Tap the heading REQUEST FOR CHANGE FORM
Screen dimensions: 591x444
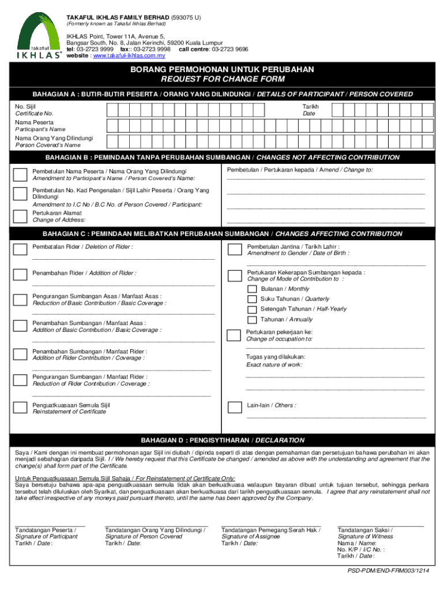pos(222,79)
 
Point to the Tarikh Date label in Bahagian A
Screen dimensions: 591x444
pos(310,110)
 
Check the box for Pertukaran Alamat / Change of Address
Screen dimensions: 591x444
pos(20,216)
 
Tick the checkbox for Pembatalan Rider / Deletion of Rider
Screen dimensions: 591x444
pos(20,249)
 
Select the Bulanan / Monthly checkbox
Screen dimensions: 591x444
pos(252,289)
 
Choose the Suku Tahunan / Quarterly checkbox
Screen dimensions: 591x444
pos(252,299)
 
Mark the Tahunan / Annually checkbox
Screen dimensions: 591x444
pos(252,320)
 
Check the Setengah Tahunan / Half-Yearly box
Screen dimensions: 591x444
pos(252,309)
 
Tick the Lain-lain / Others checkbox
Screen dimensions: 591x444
pos(234,407)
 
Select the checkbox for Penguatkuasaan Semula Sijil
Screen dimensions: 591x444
pos(20,408)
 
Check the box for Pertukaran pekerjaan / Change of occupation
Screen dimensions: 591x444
pos(234,335)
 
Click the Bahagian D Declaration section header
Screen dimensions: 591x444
pos(222,440)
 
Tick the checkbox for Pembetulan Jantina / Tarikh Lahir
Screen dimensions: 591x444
pos(234,249)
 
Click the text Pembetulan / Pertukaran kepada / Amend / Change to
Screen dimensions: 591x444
pos(300,170)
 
